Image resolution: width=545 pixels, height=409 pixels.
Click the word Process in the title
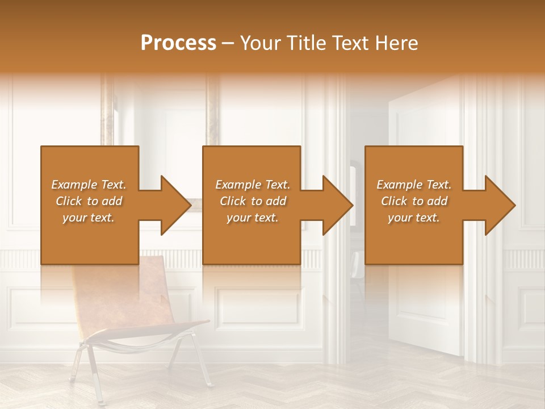[x=178, y=43]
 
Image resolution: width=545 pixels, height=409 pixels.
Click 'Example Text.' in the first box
[x=89, y=185]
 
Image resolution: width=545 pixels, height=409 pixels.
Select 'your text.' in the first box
[x=89, y=218]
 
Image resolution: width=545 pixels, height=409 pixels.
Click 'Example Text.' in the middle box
[x=253, y=185]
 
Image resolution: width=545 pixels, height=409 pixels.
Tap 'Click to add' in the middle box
[x=253, y=201]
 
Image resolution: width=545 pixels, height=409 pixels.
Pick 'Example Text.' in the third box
[x=414, y=185]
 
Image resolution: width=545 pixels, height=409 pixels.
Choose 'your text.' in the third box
[x=414, y=218]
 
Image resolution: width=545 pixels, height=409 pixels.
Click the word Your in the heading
[x=260, y=43]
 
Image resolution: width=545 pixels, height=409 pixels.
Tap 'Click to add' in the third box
[x=414, y=201]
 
